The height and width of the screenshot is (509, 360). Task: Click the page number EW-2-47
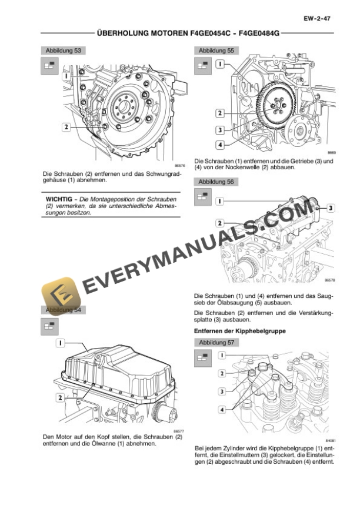pos(317,19)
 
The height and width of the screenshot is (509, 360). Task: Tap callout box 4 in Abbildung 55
pos(219,144)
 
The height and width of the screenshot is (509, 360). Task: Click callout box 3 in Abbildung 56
pos(331,207)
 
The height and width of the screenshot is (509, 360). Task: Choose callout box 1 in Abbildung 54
pos(61,342)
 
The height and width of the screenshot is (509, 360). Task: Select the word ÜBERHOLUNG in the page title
pos(117,35)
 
